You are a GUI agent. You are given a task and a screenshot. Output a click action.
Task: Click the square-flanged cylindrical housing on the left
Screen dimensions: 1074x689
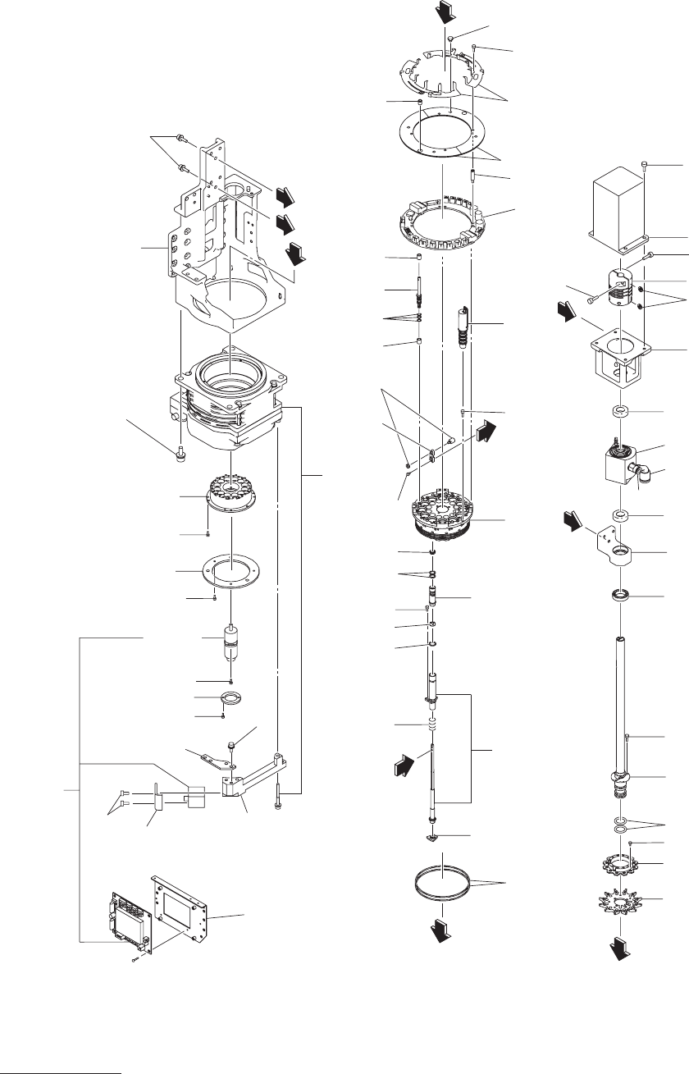(x=230, y=402)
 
